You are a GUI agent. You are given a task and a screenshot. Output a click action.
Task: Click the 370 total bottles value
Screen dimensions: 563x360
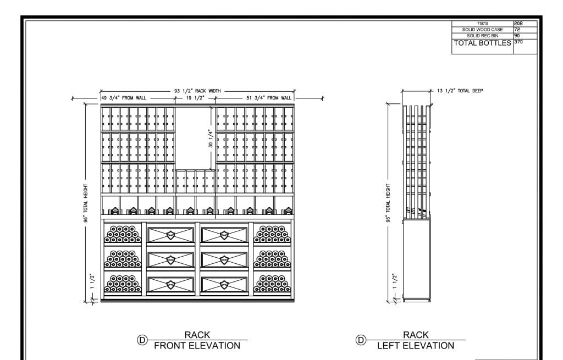518,42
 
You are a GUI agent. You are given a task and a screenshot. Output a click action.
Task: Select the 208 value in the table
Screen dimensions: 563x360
518,23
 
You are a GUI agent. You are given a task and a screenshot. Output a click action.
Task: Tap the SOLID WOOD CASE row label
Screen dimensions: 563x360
482,30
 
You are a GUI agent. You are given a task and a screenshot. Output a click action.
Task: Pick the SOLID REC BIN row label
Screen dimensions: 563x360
483,36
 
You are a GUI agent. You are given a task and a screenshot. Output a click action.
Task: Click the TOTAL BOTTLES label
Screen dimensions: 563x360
482,43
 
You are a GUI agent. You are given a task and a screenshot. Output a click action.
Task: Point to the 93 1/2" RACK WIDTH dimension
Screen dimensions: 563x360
197,91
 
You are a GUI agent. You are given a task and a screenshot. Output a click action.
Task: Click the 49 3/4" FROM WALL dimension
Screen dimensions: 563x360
124,98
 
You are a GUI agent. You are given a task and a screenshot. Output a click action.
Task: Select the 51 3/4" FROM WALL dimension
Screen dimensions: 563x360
269,98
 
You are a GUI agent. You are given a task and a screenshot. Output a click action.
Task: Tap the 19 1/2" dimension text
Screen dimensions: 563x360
195,98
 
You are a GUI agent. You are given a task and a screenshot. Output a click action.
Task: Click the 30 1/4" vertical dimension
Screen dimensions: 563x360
211,138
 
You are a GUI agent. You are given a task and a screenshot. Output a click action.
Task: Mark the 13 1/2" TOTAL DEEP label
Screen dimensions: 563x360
460,91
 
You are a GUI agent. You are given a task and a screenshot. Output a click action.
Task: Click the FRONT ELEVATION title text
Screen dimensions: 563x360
197,346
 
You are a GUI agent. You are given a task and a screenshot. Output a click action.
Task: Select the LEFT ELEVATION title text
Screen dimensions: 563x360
416,346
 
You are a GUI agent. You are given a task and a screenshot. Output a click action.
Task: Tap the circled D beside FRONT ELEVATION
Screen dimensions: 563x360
142,340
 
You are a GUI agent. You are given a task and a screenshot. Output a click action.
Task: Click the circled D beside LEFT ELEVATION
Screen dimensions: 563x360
361,340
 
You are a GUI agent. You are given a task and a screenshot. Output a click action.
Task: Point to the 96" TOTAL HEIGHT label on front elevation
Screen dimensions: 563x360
86,203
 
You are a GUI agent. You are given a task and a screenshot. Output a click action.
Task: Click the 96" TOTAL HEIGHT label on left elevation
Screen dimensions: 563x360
388,203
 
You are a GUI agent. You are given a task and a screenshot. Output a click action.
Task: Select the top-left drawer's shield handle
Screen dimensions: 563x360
170,235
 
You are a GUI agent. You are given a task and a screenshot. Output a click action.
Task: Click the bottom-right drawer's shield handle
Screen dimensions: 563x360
224,285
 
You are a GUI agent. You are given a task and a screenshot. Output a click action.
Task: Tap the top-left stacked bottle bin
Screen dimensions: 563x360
123,234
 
